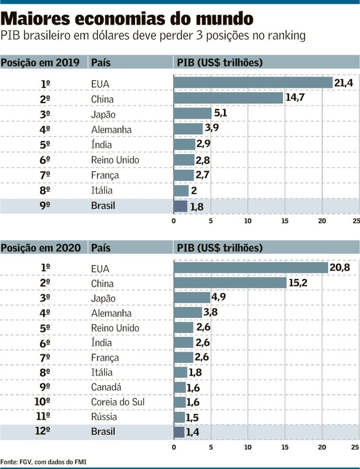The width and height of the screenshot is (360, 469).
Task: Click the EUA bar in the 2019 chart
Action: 252,83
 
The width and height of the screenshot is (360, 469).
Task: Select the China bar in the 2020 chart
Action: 230,283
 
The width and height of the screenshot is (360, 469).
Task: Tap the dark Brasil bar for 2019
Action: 180,206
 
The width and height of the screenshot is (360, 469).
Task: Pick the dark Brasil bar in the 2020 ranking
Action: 179,432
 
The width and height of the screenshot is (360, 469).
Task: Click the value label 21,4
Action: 343,83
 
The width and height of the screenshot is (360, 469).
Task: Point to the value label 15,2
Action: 298,283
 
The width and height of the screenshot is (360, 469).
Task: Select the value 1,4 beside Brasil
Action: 192,432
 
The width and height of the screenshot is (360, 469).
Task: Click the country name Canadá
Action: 106,387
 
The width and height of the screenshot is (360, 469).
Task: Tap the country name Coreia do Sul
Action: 118,402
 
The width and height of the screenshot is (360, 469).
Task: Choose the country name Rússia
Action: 104,417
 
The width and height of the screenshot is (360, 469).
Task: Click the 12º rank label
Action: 42,431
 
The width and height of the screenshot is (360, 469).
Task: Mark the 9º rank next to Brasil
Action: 45,206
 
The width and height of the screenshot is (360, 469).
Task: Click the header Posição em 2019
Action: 40,63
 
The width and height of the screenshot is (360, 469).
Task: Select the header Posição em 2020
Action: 40,248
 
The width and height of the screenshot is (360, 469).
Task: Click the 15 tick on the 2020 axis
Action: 285,447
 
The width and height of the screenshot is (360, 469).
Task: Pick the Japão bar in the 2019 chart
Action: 192,114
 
